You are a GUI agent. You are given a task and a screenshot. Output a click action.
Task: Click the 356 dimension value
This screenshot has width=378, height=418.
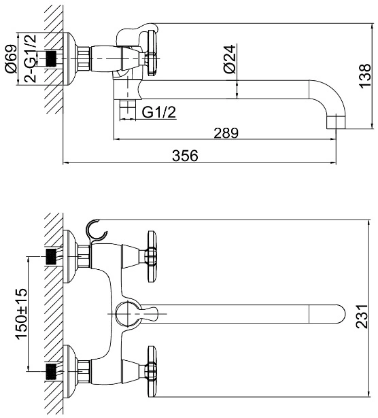185,156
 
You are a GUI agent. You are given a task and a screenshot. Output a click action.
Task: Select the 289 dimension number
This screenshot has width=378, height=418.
226,133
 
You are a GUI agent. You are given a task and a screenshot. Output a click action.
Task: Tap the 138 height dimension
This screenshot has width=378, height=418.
364,75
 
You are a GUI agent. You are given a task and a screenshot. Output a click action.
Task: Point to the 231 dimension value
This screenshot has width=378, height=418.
362,317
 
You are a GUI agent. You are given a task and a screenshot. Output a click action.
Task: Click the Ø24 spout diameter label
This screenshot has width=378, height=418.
230,59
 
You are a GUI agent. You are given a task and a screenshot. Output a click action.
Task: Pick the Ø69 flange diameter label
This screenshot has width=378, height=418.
11,58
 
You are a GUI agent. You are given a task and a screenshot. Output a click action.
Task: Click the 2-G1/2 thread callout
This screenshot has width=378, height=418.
30,58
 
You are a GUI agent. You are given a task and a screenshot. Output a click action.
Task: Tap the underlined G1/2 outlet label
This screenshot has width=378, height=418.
159,112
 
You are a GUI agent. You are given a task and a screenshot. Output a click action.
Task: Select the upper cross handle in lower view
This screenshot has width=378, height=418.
152,256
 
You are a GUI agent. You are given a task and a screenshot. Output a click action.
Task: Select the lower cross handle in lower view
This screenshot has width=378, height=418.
152,372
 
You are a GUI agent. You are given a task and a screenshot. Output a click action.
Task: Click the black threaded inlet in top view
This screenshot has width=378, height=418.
51,58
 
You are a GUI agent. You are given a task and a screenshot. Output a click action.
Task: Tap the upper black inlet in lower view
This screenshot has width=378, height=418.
51,256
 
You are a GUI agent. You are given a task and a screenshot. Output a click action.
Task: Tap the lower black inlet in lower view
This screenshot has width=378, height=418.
51,372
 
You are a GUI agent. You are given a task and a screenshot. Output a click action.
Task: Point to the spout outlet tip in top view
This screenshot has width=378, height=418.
336,122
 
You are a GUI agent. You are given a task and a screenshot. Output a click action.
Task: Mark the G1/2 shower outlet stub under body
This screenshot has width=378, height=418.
128,110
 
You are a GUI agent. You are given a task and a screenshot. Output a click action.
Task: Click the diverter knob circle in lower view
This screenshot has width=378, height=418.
127,314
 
